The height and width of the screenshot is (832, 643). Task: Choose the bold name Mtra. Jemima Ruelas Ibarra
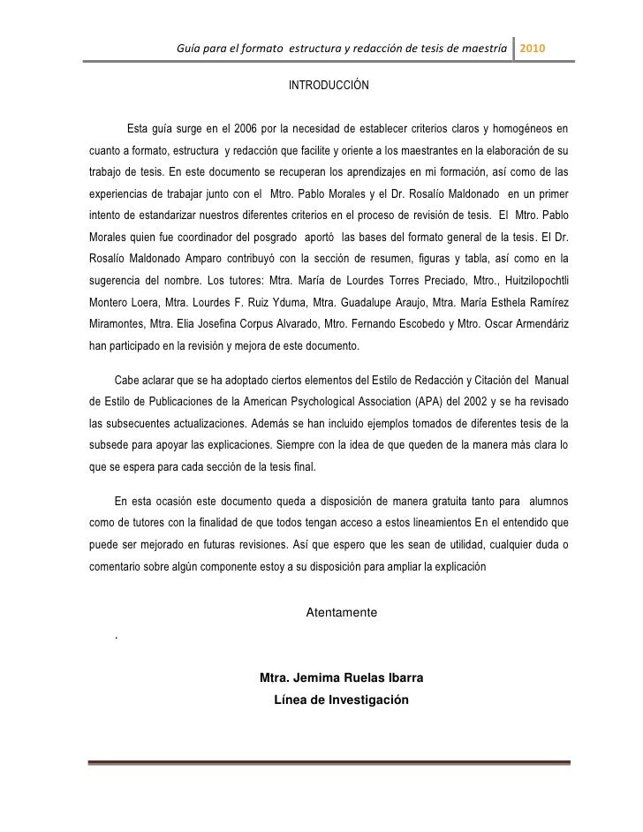click(341, 678)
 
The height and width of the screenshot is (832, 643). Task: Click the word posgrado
click(270, 237)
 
